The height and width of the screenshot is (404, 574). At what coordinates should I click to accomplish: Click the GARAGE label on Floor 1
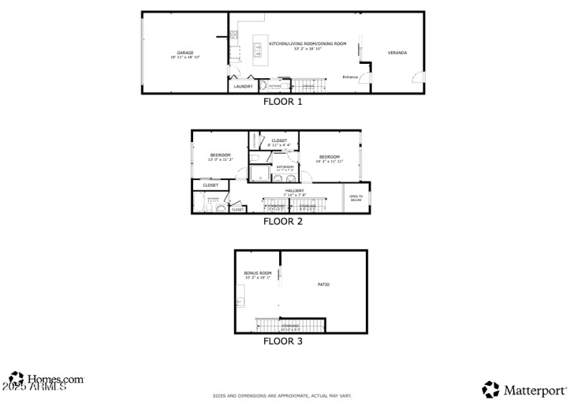tap(185, 52)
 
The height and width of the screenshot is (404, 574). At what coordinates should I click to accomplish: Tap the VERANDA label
tap(397, 53)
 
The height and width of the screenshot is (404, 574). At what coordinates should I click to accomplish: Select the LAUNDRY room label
tap(243, 87)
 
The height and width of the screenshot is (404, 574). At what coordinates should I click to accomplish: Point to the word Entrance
tap(350, 77)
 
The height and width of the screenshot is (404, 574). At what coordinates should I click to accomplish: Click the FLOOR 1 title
tap(283, 102)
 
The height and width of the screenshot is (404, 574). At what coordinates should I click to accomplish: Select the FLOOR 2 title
tap(283, 222)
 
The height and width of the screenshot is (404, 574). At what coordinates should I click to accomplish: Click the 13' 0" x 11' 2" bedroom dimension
tap(220, 160)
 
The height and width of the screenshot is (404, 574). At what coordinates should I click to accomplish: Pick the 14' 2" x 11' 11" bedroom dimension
tap(329, 161)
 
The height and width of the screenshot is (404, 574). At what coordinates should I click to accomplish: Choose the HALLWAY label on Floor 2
tap(295, 190)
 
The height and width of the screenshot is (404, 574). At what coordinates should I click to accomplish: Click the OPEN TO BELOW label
tap(356, 198)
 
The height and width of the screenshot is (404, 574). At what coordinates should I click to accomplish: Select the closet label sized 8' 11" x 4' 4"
tap(279, 145)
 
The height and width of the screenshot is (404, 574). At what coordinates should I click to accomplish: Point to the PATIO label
tap(324, 285)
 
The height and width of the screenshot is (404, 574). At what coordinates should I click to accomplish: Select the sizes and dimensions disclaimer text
tap(282, 396)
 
